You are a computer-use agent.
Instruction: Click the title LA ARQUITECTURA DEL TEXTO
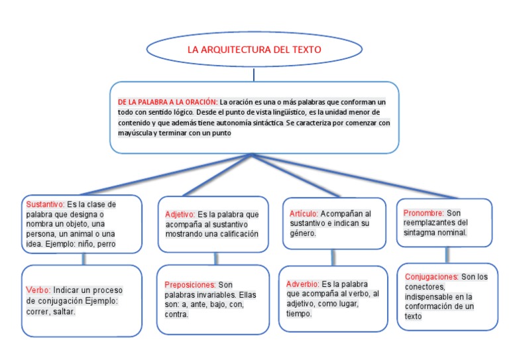254,50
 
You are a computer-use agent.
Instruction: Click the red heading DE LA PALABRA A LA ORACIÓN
167,102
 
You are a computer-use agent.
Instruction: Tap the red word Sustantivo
44,204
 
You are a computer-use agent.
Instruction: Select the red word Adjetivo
180,215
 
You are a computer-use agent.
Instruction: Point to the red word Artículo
304,214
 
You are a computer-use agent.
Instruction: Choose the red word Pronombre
424,213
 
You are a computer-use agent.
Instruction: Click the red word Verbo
38,290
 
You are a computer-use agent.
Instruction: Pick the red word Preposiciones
190,284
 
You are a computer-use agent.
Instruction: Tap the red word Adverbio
303,283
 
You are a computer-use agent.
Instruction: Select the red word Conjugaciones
431,276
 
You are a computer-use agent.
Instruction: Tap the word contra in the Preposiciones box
177,314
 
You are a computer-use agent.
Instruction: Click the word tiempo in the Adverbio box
299,313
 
